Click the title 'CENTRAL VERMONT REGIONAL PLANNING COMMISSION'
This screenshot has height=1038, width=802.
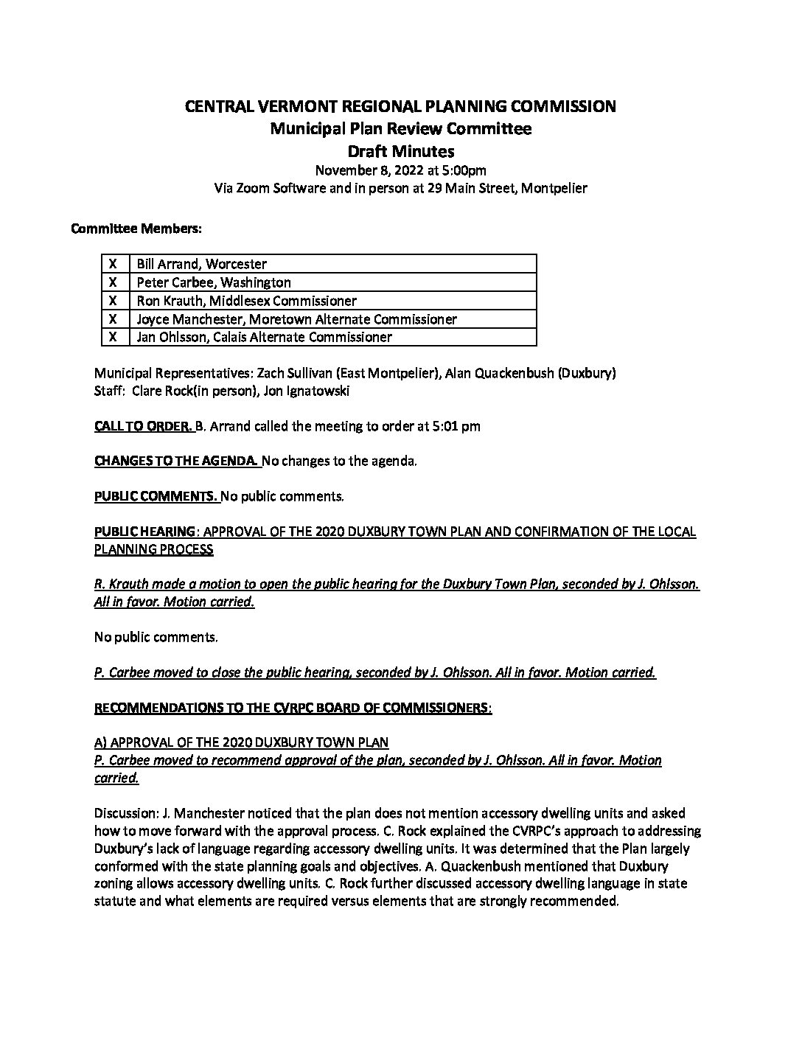(x=400, y=106)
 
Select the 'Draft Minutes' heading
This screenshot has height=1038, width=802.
(x=400, y=152)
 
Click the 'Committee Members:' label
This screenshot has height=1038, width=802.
(x=136, y=229)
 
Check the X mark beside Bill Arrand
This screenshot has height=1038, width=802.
(x=114, y=264)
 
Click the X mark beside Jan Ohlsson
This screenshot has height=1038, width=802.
(x=114, y=337)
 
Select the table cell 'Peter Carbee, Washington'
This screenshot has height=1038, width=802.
(x=214, y=282)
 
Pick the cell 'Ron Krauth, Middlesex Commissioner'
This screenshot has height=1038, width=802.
(x=246, y=301)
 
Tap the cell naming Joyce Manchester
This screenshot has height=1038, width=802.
(x=296, y=319)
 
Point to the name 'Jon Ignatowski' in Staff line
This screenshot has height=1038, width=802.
(x=305, y=391)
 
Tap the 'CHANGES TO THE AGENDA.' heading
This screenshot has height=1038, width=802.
(x=176, y=461)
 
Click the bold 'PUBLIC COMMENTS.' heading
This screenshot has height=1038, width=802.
(x=156, y=496)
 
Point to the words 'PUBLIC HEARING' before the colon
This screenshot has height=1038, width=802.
(x=144, y=532)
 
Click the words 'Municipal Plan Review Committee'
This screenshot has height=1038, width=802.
(x=400, y=129)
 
